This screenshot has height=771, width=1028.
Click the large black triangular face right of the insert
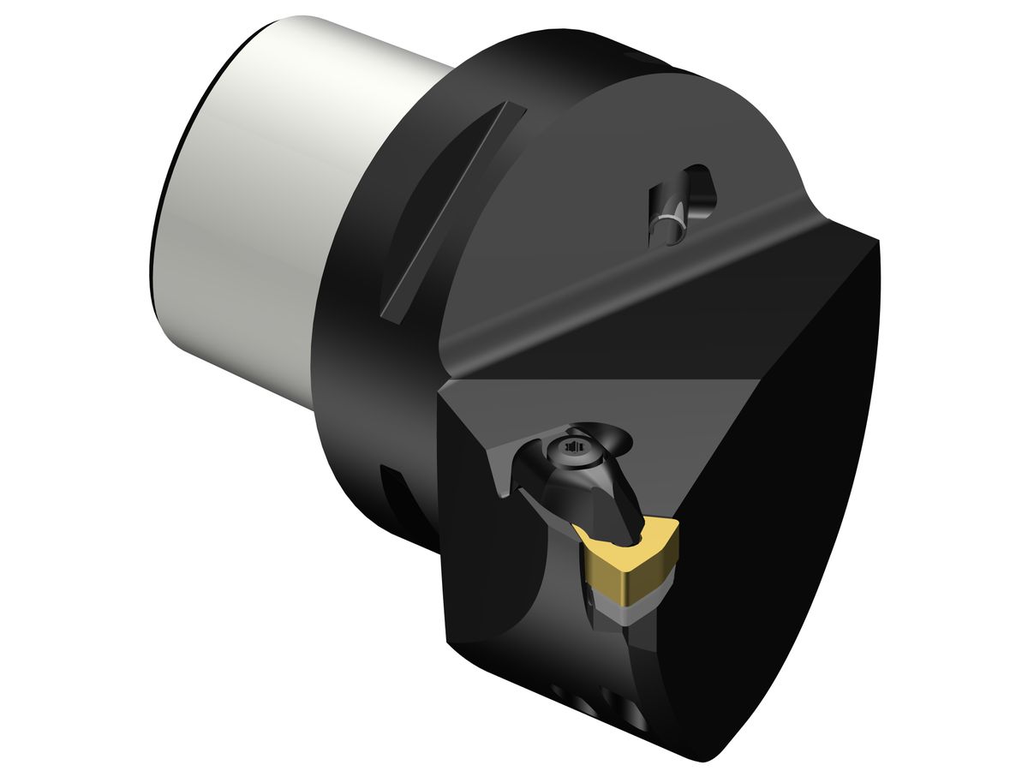pyautogui.click(x=771, y=514)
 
